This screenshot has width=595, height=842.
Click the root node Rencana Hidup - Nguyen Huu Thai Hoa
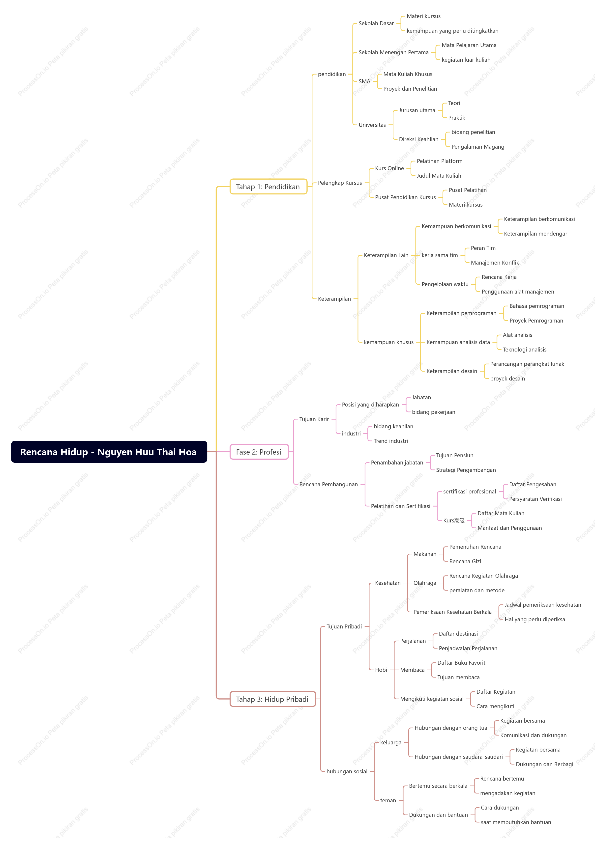click(x=109, y=452)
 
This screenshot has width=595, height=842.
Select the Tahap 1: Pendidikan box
click(x=268, y=187)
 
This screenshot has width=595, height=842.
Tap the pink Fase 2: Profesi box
click(x=259, y=452)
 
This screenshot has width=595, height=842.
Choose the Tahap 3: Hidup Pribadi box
click(x=273, y=699)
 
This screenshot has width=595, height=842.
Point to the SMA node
click(x=364, y=81)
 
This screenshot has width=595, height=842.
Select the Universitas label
click(x=372, y=125)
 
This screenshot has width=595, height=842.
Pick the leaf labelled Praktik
click(x=457, y=118)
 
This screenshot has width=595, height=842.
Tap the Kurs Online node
click(x=389, y=168)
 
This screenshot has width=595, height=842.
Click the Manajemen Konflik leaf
click(x=495, y=263)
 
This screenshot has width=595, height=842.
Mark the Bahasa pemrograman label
click(x=537, y=306)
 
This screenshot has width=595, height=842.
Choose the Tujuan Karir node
click(x=314, y=419)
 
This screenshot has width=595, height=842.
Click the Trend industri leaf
click(x=390, y=441)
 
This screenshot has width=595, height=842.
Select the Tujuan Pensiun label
click(x=454, y=456)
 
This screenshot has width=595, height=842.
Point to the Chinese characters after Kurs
click(x=459, y=521)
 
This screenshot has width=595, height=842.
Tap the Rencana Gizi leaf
click(x=465, y=561)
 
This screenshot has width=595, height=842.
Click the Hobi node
click(x=381, y=670)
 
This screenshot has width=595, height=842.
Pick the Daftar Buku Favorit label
click(x=461, y=663)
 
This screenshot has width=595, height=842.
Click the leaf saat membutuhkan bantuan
click(x=516, y=822)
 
